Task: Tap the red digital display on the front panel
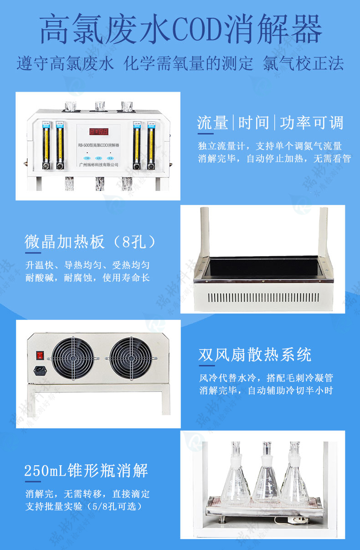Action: (x=98, y=132)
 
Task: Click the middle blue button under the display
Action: (x=98, y=155)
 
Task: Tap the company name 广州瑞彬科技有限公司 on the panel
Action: (x=98, y=165)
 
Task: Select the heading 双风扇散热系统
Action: (x=255, y=355)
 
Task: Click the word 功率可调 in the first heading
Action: (x=311, y=123)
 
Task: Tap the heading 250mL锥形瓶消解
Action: (x=86, y=470)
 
